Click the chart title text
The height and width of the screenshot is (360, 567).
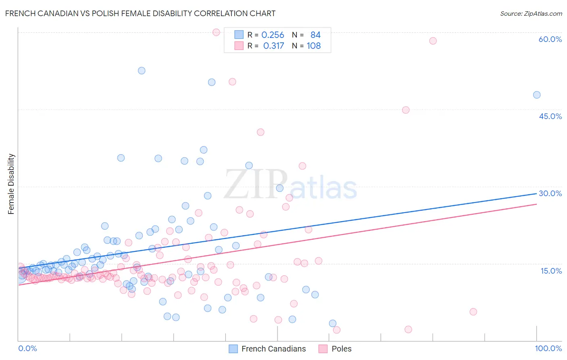140,13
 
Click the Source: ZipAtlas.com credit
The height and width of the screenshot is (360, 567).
531,13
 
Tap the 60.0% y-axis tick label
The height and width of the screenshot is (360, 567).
550,39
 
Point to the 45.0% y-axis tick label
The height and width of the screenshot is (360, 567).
550,116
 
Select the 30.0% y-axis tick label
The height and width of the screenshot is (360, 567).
550,193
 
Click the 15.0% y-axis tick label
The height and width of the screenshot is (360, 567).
551,271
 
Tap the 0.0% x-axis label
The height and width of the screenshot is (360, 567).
27,348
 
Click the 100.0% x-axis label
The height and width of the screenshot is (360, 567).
548,348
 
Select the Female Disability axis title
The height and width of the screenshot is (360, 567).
11,184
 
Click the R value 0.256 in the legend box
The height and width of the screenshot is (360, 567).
273,35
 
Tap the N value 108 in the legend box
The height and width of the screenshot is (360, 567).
313,46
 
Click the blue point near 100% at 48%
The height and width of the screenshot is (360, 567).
537,95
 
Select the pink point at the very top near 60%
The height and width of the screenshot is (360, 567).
216,32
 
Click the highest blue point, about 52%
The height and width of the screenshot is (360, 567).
142,71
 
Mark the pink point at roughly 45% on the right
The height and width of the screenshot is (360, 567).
406,110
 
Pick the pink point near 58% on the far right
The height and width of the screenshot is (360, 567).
433,41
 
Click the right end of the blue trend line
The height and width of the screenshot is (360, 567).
536,194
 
